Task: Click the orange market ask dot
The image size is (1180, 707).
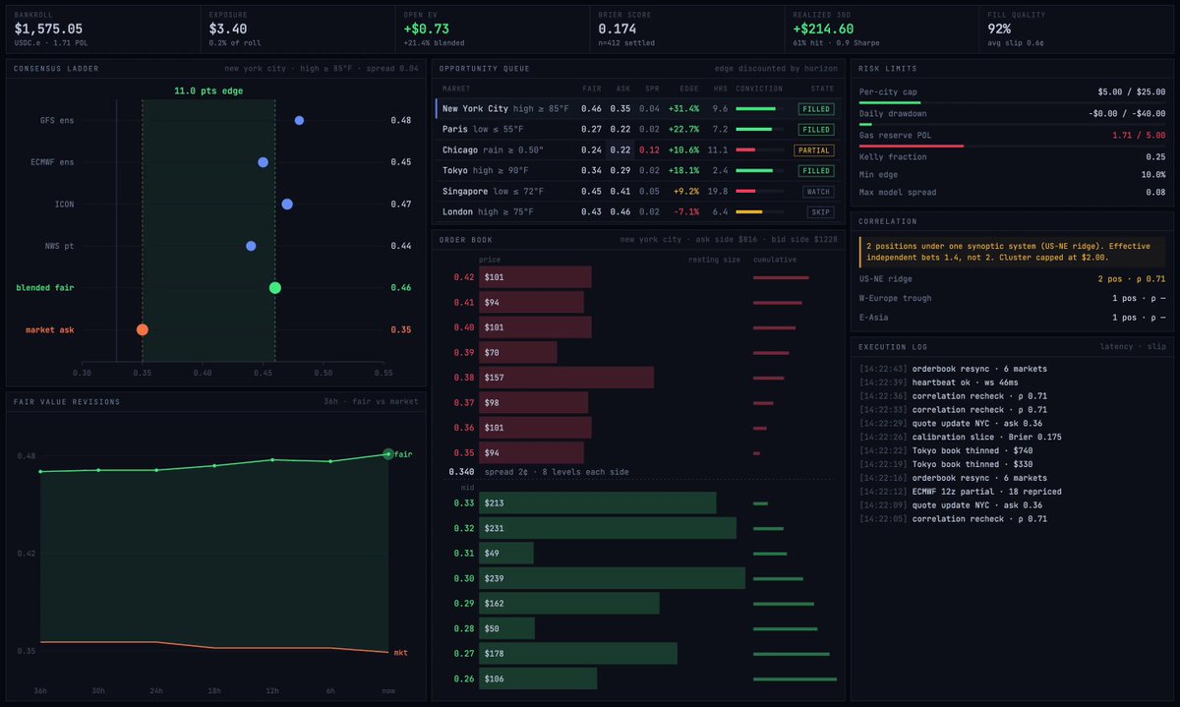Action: (143, 329)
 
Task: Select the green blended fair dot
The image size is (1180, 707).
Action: (275, 288)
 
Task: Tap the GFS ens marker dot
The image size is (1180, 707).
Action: (299, 121)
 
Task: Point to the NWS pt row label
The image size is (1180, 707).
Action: (59, 246)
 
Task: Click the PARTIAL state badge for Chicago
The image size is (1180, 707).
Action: (814, 150)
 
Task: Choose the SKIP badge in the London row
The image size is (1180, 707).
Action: (820, 212)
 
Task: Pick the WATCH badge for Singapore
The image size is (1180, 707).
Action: (818, 192)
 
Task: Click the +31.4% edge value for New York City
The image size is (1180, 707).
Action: (683, 109)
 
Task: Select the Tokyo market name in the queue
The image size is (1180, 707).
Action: (455, 171)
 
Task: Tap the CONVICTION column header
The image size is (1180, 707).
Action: (759, 88)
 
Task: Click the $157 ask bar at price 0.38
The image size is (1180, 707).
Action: (566, 378)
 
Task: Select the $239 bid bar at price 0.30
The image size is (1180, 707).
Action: (612, 578)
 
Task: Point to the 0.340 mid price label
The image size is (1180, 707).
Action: (461, 472)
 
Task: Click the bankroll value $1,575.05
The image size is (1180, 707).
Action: (48, 29)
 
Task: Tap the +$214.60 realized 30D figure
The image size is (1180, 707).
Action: (823, 29)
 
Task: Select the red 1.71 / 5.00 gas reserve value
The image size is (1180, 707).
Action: (1139, 136)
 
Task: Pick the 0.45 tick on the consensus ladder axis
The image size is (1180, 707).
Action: (263, 373)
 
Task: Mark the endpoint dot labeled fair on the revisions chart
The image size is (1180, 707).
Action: (388, 453)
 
